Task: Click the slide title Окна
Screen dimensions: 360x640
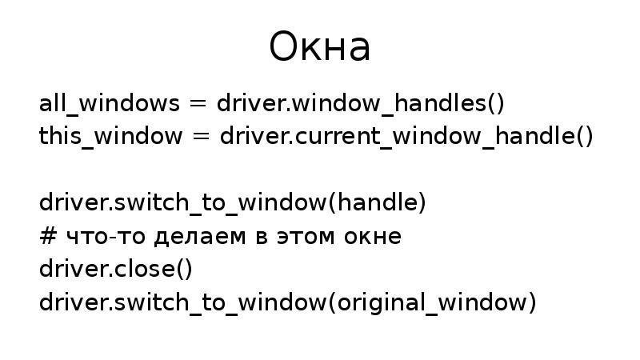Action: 320,48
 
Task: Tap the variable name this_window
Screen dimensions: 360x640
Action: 110,136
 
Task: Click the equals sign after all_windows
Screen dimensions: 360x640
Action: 198,105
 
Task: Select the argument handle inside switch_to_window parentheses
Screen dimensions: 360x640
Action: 378,203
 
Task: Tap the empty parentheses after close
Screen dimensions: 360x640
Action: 184,270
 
